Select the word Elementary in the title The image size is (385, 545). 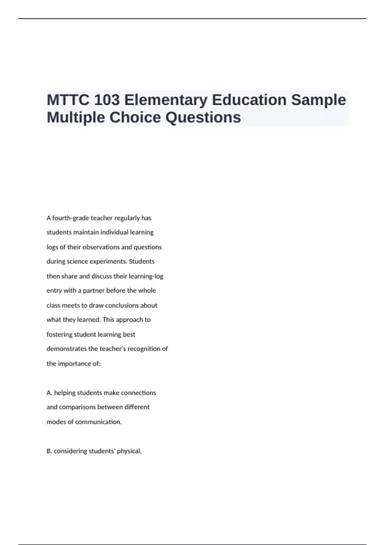166,100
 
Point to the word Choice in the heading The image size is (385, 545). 135,117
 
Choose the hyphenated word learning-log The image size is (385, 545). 146,276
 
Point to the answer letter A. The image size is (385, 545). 49,393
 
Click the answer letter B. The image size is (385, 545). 49,451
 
